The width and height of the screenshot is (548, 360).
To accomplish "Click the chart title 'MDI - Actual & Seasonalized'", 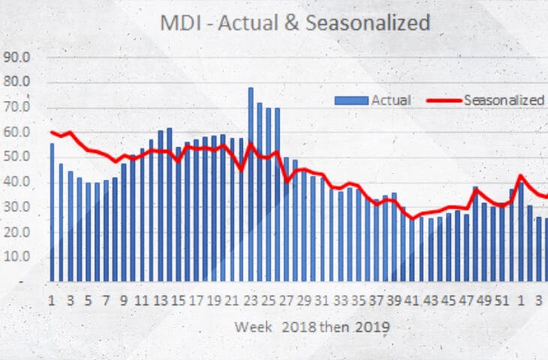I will click(x=295, y=23).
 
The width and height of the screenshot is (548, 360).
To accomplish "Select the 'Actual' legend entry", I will click(x=390, y=100).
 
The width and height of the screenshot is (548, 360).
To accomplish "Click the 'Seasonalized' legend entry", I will click(x=504, y=100).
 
